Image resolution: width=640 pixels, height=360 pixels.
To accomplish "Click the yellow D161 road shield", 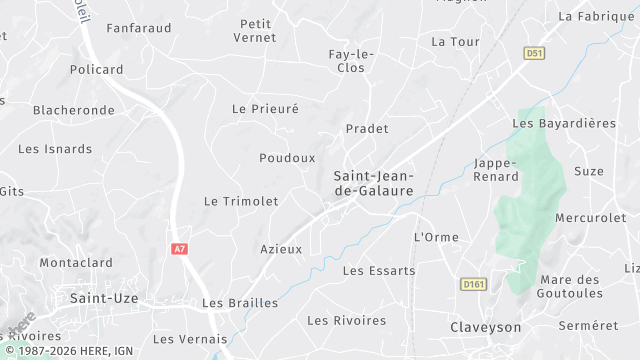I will pyautogui.click(x=473, y=285).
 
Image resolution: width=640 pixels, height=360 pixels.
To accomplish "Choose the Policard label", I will pyautogui.click(x=97, y=70).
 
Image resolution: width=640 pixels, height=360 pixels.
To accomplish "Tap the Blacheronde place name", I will pyautogui.click(x=74, y=110).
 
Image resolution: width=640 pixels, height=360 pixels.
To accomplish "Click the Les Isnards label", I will pyautogui.click(x=55, y=149).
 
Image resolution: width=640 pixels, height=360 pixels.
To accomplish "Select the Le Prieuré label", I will pyautogui.click(x=265, y=108).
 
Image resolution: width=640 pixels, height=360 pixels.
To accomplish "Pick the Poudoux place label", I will pyautogui.click(x=287, y=158).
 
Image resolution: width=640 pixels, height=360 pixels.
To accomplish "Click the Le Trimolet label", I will pyautogui.click(x=241, y=201).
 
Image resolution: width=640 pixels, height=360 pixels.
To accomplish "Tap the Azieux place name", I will pyautogui.click(x=281, y=249).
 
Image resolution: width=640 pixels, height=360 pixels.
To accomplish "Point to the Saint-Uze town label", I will pyautogui.click(x=104, y=298).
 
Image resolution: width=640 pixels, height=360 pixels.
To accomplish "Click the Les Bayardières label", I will pyautogui.click(x=564, y=123).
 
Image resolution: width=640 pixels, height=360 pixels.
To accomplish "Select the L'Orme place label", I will pyautogui.click(x=436, y=237).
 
